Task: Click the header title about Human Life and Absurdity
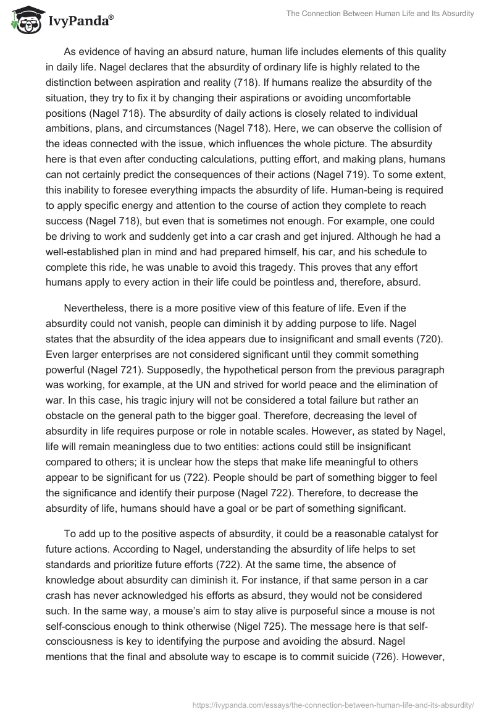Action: [x=380, y=14]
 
